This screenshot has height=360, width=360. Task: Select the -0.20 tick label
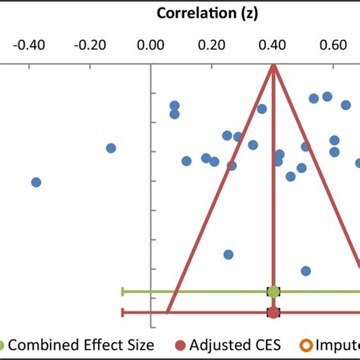point(90,45)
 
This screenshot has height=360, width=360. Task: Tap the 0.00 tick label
point(151,45)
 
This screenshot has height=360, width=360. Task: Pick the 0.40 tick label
point(272,45)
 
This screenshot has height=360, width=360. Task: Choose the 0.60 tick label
point(333,45)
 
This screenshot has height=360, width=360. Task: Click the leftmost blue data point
point(36,182)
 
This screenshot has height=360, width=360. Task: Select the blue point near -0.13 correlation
point(111,148)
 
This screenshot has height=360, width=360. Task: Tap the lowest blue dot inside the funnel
point(305,270)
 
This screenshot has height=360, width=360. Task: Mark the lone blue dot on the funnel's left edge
point(228,254)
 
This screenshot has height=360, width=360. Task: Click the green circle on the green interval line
point(273,291)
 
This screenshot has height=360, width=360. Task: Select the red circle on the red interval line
point(273,312)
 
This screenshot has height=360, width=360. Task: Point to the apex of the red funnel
point(273,67)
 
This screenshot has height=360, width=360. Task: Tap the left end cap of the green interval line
point(122,291)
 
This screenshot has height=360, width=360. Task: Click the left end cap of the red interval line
point(122,312)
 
